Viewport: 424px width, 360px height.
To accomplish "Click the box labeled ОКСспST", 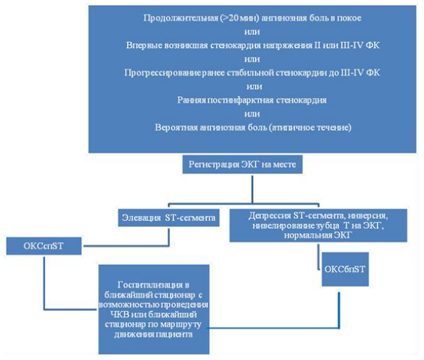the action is point(44,246).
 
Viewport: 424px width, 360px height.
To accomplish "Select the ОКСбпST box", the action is point(345,269).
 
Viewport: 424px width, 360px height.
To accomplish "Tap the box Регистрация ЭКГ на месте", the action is point(242,164).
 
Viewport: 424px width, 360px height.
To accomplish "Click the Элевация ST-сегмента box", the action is point(168,218).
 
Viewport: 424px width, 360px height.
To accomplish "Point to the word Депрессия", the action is point(270,215).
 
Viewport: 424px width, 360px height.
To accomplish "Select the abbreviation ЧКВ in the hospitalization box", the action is point(119,314).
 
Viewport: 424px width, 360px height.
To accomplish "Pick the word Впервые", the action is point(142,45).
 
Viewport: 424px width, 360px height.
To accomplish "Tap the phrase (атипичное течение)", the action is point(310,127).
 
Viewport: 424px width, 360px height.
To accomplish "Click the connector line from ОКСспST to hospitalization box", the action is point(44,309).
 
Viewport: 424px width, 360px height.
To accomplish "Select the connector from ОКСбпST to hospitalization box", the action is point(339,328).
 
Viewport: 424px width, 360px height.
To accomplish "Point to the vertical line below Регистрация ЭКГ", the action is point(252,189).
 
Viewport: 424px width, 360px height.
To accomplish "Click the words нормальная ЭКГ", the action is point(318,235).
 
